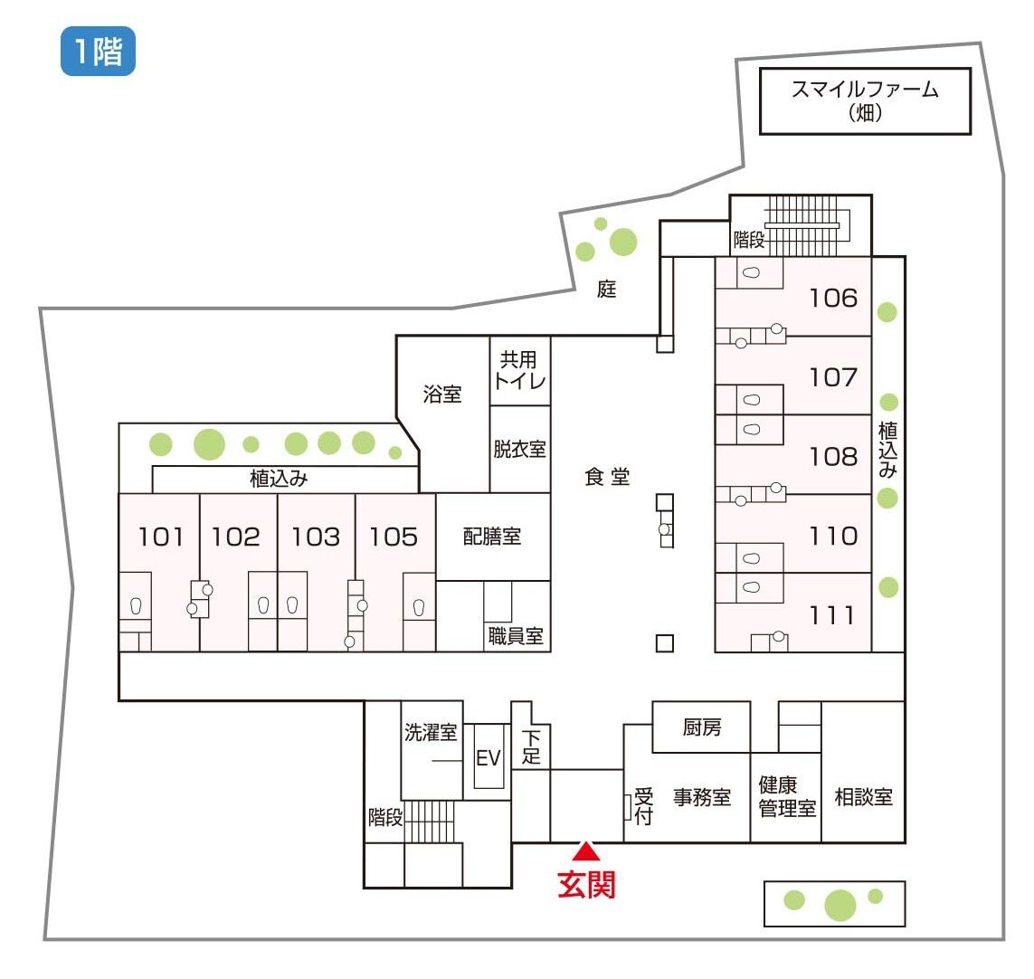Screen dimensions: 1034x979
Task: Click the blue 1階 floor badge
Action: [98, 51]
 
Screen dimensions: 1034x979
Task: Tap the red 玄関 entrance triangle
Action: [585, 851]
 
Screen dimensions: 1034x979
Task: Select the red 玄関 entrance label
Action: [586, 885]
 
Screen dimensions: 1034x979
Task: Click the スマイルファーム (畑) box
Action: [865, 101]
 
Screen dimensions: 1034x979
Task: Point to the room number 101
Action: [160, 537]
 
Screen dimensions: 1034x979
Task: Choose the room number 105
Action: [394, 537]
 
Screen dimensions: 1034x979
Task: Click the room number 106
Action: [833, 298]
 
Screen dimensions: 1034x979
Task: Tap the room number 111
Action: [832, 615]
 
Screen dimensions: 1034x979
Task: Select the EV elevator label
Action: [488, 758]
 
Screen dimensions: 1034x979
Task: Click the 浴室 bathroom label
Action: [441, 394]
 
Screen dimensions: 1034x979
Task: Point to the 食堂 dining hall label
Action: [607, 476]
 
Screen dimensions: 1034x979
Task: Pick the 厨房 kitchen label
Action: [702, 727]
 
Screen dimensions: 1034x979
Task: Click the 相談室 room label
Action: [863, 797]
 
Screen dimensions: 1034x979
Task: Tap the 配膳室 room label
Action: [492, 537]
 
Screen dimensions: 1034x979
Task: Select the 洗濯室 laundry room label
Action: [431, 732]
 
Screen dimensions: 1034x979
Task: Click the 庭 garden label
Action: [607, 289]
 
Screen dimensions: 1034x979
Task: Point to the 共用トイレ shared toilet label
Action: [519, 370]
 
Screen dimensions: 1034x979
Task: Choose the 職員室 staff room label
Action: [516, 636]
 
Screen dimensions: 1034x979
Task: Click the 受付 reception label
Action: [643, 805]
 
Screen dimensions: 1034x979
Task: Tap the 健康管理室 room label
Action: [787, 797]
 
